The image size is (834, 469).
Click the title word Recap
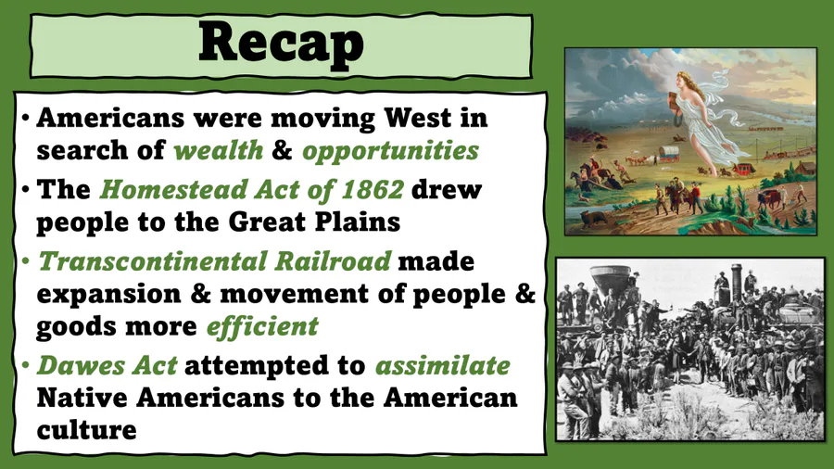coord(281,44)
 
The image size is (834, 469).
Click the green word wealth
coord(219,150)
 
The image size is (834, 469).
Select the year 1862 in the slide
coord(373,190)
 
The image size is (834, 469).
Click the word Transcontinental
coord(153,261)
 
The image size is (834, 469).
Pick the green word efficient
coord(262,326)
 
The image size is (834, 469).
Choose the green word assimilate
coord(443,365)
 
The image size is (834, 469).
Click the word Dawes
coord(81,365)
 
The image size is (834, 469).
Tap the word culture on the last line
coord(87,430)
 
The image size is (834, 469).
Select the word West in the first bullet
coord(418,118)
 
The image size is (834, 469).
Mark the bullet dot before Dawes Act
coord(26,365)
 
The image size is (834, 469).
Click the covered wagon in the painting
coord(669,153)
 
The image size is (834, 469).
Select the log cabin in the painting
coord(806,168)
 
